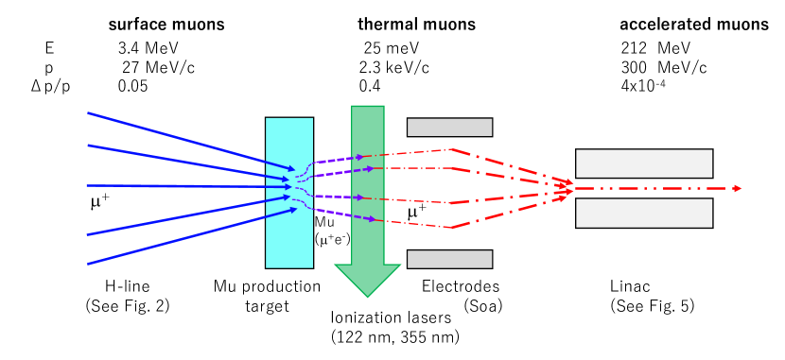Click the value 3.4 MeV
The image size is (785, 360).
(141, 47)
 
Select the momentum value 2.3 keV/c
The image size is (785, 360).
(395, 67)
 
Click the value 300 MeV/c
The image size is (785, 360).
(651, 67)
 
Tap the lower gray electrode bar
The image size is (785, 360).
(449, 259)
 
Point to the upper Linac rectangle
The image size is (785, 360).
(644, 163)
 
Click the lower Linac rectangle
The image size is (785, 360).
(644, 214)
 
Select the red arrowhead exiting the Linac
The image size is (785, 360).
(735, 189)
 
